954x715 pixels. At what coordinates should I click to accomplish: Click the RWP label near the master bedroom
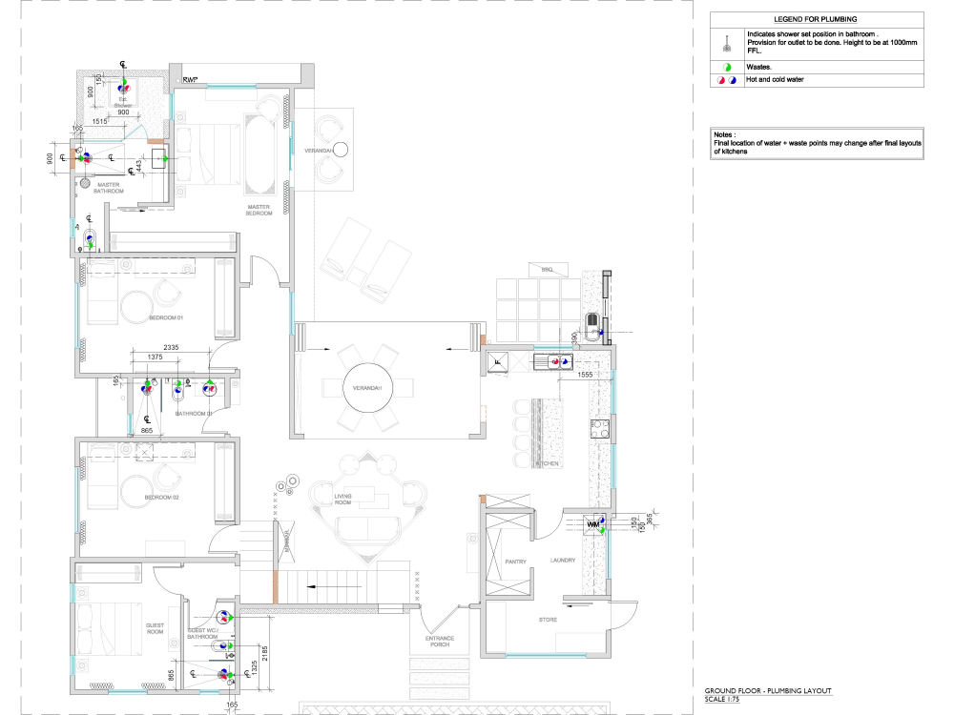[190, 79]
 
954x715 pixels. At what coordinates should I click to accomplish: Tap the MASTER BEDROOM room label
[259, 210]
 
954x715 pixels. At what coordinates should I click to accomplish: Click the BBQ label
[547, 270]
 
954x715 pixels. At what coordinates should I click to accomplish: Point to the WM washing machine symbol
[593, 525]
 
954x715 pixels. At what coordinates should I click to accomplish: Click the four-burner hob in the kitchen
[602, 428]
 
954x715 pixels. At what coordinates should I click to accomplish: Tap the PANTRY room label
[515, 562]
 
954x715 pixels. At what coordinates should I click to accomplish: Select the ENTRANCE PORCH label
[440, 642]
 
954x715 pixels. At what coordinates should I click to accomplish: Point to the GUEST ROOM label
[155, 628]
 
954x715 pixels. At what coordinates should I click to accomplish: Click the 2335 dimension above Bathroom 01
[172, 347]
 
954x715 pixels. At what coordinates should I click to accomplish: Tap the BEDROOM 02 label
[161, 498]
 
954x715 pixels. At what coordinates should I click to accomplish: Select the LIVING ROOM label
[343, 500]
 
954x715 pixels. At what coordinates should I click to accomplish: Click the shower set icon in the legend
[727, 43]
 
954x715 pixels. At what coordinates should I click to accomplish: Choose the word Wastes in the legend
[759, 67]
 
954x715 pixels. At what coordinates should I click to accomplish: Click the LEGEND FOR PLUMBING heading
[816, 19]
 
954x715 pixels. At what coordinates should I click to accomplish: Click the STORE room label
[548, 620]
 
